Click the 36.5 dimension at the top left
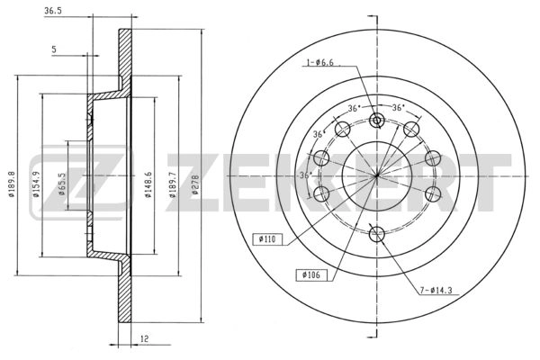(x=53, y=12)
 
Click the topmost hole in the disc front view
(x=377, y=121)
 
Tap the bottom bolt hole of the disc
(x=377, y=234)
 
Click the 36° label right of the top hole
(x=399, y=108)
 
